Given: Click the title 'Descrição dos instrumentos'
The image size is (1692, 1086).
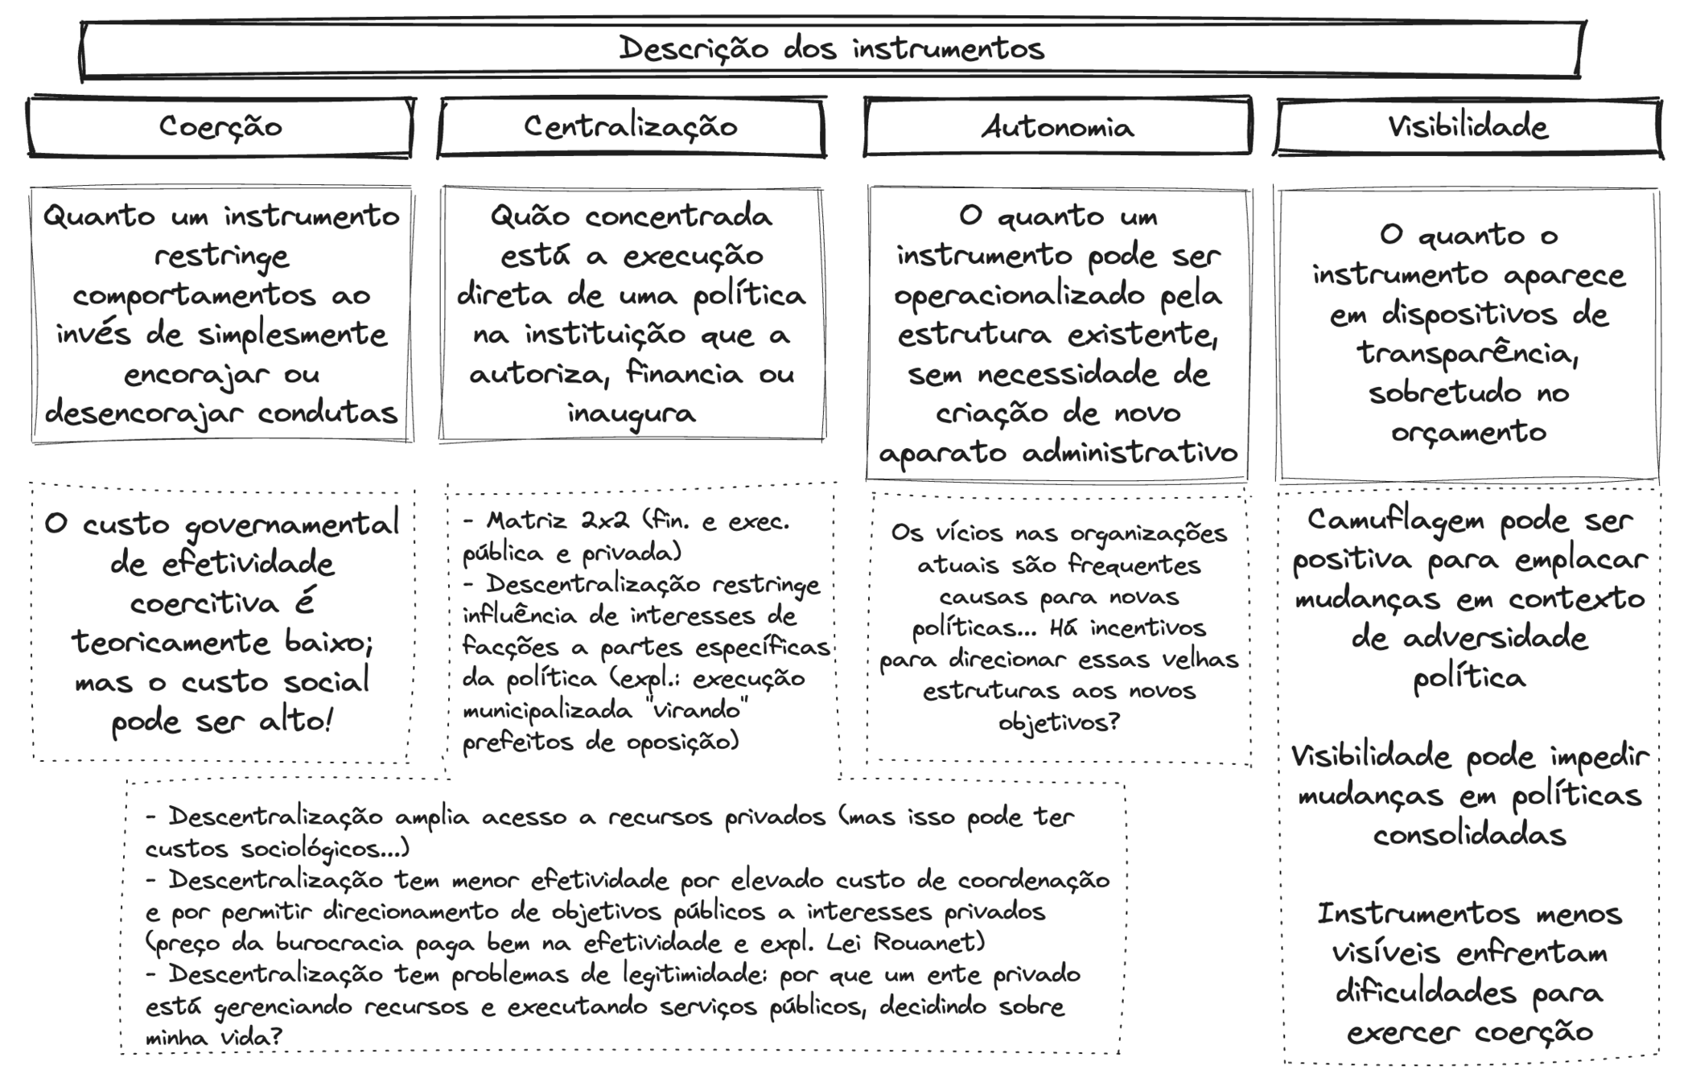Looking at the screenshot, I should (x=831, y=49).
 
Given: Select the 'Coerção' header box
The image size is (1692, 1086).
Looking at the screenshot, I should (x=220, y=127).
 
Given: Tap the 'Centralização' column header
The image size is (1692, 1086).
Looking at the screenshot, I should (x=631, y=127).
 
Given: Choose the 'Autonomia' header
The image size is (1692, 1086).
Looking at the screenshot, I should (x=1057, y=127).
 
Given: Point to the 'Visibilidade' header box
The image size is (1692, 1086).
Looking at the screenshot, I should (x=1468, y=127).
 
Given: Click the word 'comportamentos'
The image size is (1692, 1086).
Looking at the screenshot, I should (x=194, y=295).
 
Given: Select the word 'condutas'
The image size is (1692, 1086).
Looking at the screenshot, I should (x=327, y=413).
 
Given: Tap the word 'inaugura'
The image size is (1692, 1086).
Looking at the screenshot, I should (x=631, y=413).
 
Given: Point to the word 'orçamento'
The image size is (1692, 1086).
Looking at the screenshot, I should (x=1468, y=433).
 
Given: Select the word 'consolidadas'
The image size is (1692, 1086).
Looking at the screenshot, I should (x=1469, y=835).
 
